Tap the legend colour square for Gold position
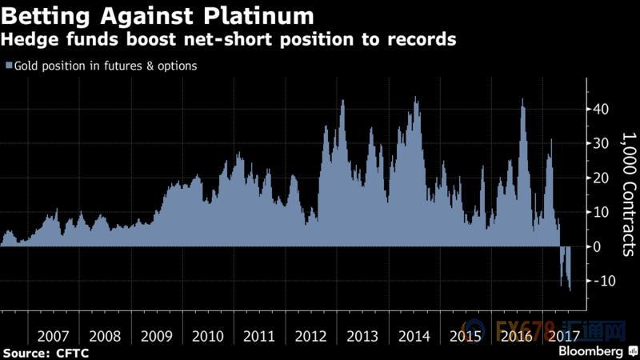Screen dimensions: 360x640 (8, 66)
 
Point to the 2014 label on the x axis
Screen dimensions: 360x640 (414, 336)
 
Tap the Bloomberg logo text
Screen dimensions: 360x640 (590, 351)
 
